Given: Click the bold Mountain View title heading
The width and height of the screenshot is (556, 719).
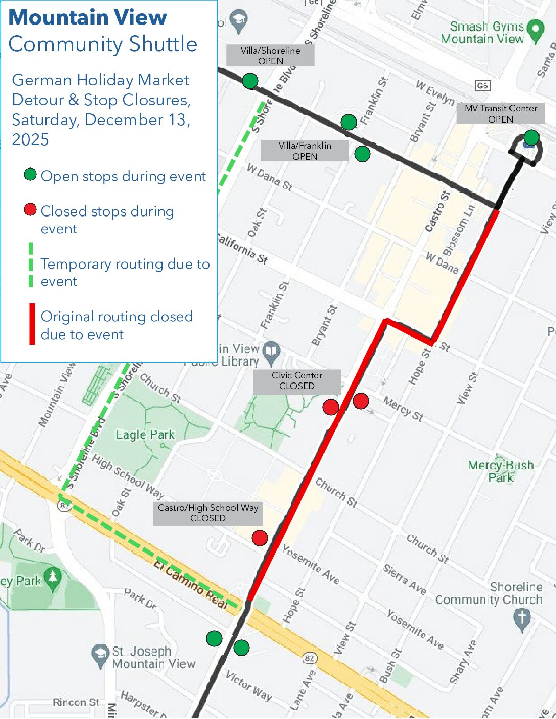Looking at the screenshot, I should (88, 17).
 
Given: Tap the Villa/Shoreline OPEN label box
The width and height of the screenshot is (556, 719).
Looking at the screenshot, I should (270, 56).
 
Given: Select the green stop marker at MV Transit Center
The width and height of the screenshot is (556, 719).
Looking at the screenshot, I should (531, 137).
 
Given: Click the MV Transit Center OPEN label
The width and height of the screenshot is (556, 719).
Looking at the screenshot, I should (500, 114).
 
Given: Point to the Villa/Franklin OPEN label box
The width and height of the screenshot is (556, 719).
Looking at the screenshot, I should (305, 151).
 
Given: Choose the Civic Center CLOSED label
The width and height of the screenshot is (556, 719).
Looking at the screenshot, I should (297, 381).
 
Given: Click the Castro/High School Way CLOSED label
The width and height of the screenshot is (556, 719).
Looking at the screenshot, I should (208, 513).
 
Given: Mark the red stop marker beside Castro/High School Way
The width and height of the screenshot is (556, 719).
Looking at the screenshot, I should (260, 538).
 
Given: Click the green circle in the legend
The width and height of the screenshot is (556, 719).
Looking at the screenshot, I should (30, 175).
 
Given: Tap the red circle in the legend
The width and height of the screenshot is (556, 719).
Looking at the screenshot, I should (30, 209).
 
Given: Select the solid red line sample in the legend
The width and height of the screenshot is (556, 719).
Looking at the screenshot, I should (32, 324).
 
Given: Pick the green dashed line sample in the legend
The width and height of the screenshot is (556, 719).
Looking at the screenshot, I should (31, 265).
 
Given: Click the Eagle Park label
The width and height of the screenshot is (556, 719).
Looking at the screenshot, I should (145, 435).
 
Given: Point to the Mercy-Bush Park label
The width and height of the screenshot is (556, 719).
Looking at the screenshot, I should (500, 471).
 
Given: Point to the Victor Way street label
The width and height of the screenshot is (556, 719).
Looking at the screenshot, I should (249, 685).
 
